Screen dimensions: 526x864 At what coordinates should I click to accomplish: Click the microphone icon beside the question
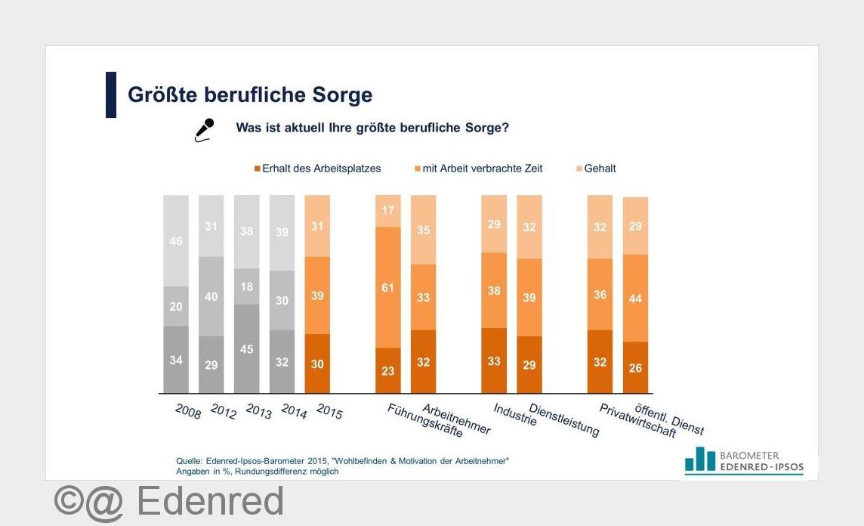(205, 129)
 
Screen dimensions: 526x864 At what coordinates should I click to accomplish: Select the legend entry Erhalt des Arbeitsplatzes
(317, 169)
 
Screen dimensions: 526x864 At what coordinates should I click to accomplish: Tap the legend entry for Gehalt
(597, 169)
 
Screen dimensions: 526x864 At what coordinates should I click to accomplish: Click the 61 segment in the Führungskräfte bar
(388, 287)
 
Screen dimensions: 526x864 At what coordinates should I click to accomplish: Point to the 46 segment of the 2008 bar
(176, 240)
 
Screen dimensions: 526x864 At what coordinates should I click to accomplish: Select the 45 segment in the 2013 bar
(246, 348)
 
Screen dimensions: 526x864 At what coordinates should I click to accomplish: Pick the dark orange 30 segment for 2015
(317, 363)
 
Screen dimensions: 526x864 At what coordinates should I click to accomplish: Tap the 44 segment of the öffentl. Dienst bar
(635, 298)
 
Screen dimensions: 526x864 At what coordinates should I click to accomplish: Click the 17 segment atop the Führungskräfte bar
(388, 211)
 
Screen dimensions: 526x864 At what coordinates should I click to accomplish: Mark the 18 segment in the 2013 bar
(246, 286)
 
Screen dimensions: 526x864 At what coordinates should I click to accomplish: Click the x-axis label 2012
(224, 413)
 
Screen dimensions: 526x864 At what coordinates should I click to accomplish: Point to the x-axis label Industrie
(515, 414)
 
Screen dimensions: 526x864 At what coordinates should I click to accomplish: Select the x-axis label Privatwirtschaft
(627, 420)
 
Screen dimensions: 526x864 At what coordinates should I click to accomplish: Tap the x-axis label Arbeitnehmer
(456, 419)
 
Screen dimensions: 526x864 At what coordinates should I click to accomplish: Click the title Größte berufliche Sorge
(250, 95)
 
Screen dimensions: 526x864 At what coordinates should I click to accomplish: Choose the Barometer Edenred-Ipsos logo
(744, 461)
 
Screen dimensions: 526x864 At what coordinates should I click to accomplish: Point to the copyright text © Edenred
(169, 501)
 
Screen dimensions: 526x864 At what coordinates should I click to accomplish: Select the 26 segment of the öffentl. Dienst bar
(635, 367)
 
